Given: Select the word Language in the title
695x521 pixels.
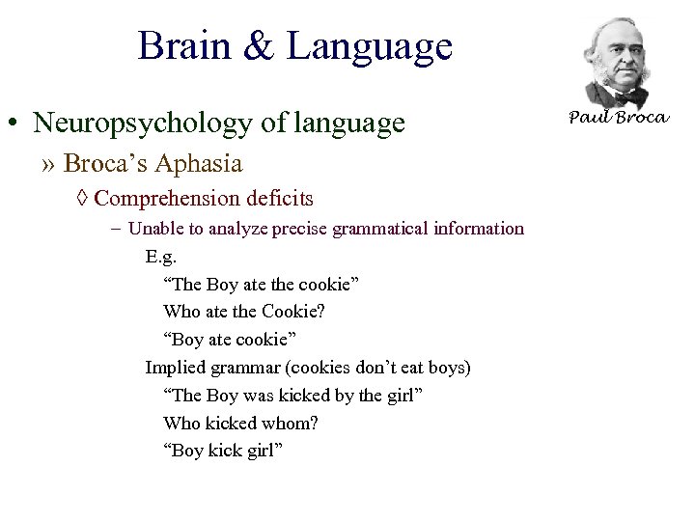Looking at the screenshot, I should click(x=369, y=46).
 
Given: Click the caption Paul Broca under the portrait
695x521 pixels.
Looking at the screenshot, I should click(x=618, y=118).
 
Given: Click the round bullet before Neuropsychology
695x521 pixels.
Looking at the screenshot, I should click(x=14, y=124).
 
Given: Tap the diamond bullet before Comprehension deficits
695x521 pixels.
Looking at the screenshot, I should click(x=82, y=199).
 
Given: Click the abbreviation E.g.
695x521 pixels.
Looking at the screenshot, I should click(x=161, y=256).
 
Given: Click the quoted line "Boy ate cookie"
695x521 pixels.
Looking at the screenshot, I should click(x=231, y=340).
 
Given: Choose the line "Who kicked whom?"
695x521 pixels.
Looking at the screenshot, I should click(x=240, y=424).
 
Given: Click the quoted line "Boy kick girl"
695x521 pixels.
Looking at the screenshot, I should click(x=223, y=452).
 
